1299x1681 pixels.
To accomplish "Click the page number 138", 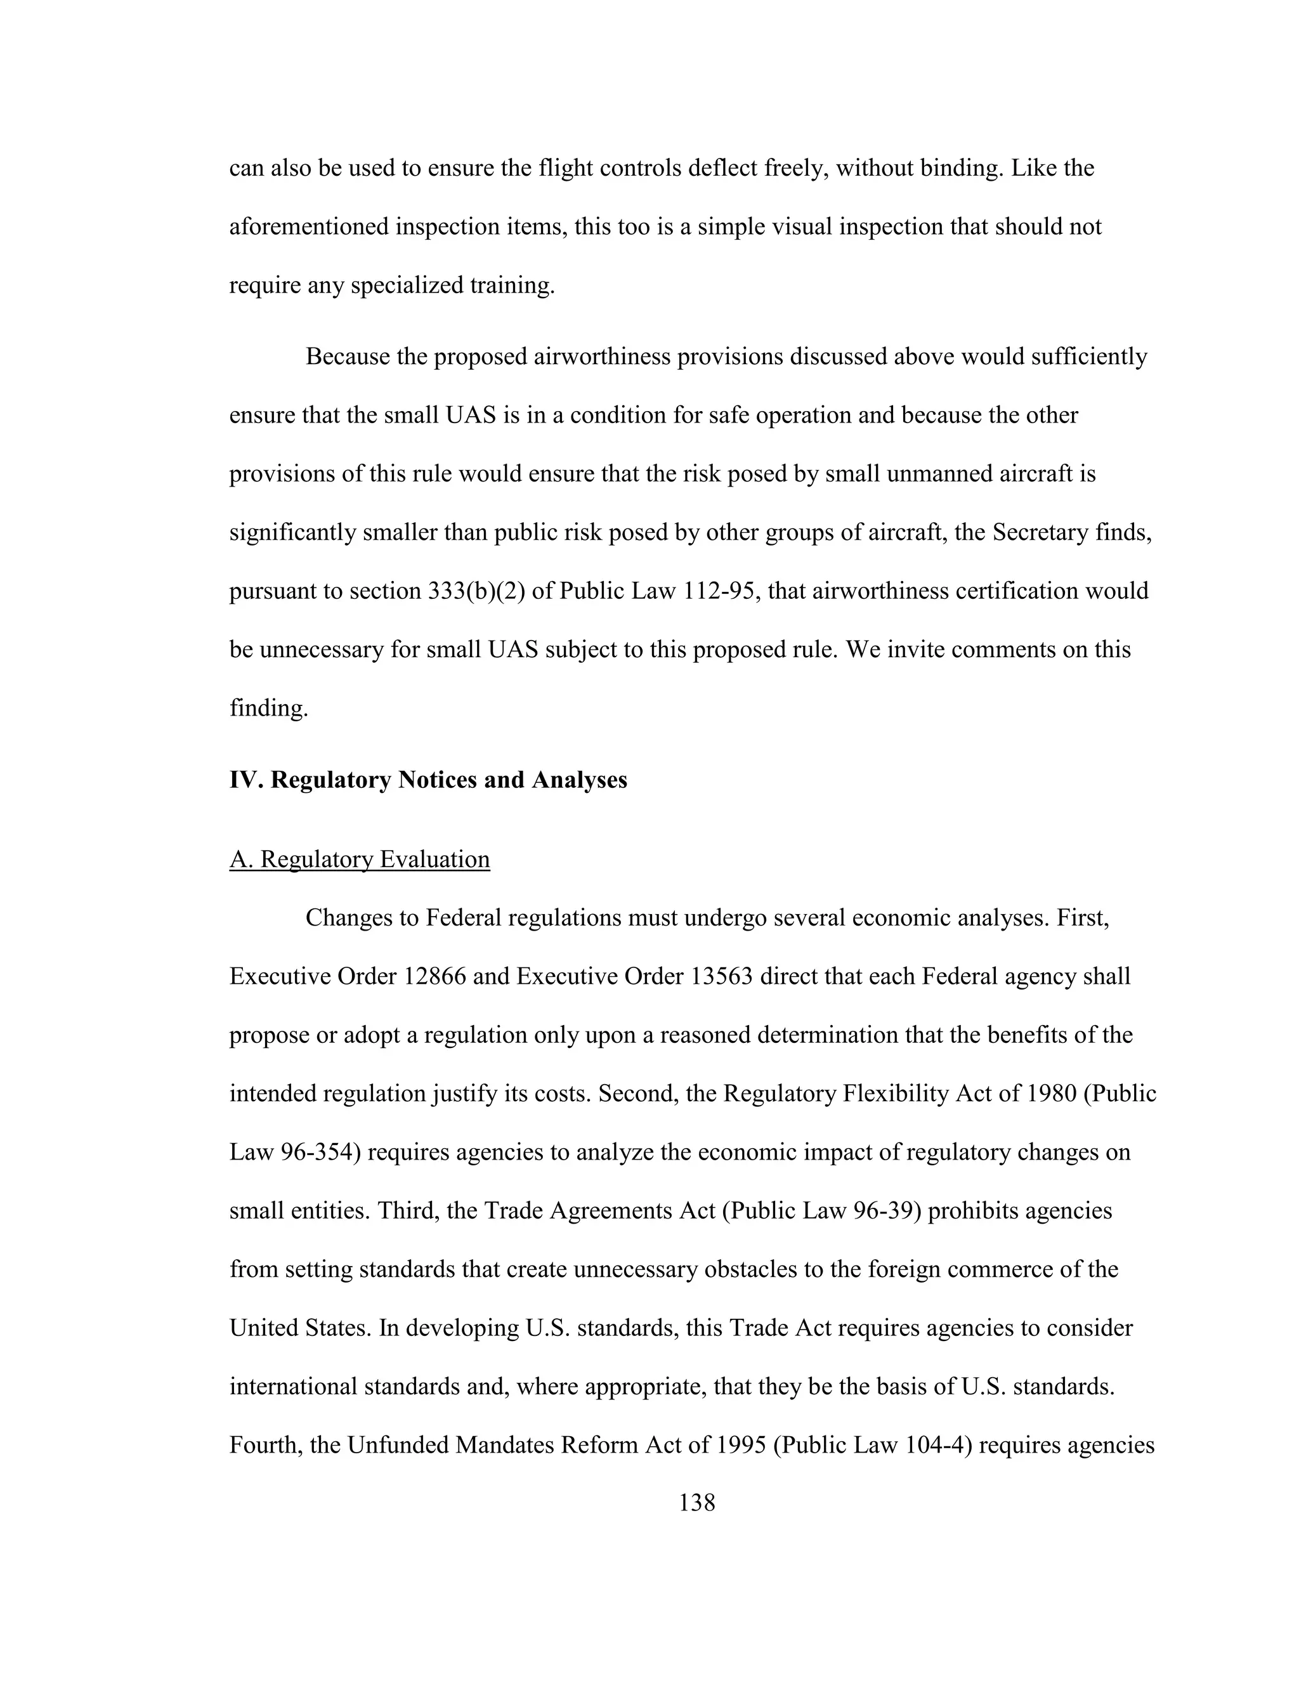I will [x=696, y=1501].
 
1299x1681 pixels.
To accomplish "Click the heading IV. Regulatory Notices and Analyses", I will [x=428, y=780].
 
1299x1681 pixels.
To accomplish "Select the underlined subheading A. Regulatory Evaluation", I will [x=360, y=859].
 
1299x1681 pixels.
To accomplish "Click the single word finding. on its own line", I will [x=268, y=708].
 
